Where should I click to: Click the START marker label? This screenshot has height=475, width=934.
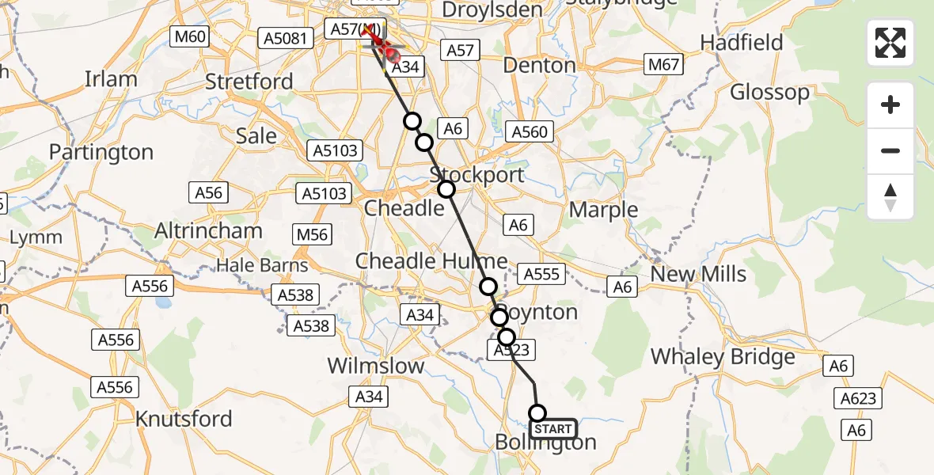click(552, 429)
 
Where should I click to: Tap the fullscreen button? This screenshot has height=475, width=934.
click(890, 43)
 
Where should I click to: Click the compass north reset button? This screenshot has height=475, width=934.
click(890, 197)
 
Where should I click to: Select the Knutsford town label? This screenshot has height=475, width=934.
click(184, 418)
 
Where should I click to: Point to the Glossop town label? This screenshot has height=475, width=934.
click(769, 93)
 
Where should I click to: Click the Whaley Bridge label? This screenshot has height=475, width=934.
click(722, 357)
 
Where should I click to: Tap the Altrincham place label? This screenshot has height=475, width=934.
click(209, 231)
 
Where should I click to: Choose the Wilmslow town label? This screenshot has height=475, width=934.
click(376, 367)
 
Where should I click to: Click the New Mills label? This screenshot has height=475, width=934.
click(697, 275)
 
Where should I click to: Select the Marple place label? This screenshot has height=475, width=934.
click(603, 210)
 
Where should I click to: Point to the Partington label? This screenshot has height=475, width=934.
click(101, 152)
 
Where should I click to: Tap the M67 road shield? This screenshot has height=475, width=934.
click(663, 65)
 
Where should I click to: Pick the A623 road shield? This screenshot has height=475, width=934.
click(857, 398)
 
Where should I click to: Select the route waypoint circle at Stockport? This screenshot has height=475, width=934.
click(446, 188)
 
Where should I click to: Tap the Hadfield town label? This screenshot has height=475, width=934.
click(742, 42)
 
